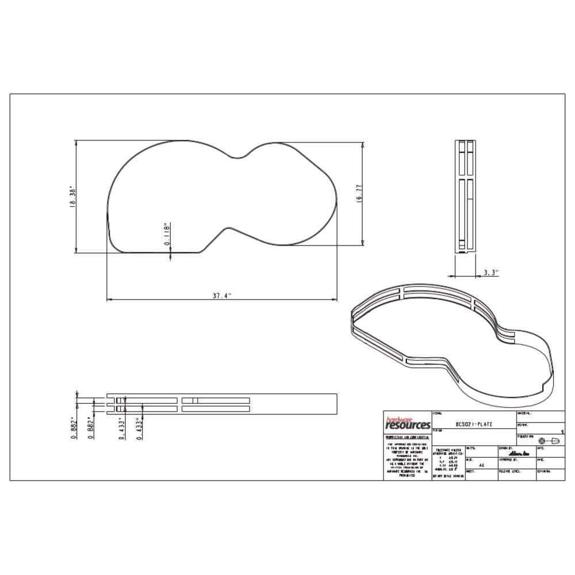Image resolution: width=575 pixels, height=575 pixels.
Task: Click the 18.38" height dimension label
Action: pos(72,197)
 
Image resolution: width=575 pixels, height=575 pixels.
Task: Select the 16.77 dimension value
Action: pos(359,193)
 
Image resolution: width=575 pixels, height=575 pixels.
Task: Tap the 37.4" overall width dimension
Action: pos(221,296)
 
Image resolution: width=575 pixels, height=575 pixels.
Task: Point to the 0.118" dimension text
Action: pos(167,235)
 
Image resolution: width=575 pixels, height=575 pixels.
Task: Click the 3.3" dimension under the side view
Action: pos(490,273)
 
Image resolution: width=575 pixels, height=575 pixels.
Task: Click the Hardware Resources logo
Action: pos(407,424)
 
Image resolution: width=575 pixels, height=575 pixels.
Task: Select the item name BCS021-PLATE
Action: pos(473,424)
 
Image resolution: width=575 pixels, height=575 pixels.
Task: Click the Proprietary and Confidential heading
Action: pos(407,438)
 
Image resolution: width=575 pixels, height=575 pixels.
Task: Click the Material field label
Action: pos(524,413)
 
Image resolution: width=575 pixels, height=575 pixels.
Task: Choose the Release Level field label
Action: pos(509,471)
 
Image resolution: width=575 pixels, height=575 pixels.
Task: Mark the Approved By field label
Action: pos(509,459)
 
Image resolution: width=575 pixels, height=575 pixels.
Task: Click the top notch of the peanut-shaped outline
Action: pos(237,156)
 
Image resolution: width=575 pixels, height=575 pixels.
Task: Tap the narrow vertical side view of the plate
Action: pos(465,195)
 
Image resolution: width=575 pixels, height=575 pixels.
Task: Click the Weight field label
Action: pos(523,425)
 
